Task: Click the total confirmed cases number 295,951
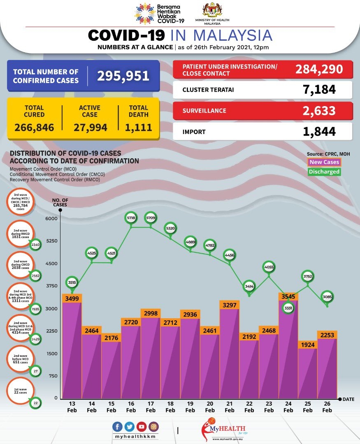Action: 123,76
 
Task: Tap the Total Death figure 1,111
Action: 139,127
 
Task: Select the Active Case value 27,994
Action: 91,127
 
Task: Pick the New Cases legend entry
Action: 324,162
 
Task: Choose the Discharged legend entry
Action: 324,172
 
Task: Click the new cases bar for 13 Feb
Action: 72,349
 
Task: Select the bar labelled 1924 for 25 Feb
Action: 307,372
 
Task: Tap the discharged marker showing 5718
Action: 131,217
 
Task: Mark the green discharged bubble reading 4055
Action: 269,267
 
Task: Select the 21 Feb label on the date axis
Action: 229,407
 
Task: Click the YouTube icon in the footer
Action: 142,426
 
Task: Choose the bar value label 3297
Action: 229,305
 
